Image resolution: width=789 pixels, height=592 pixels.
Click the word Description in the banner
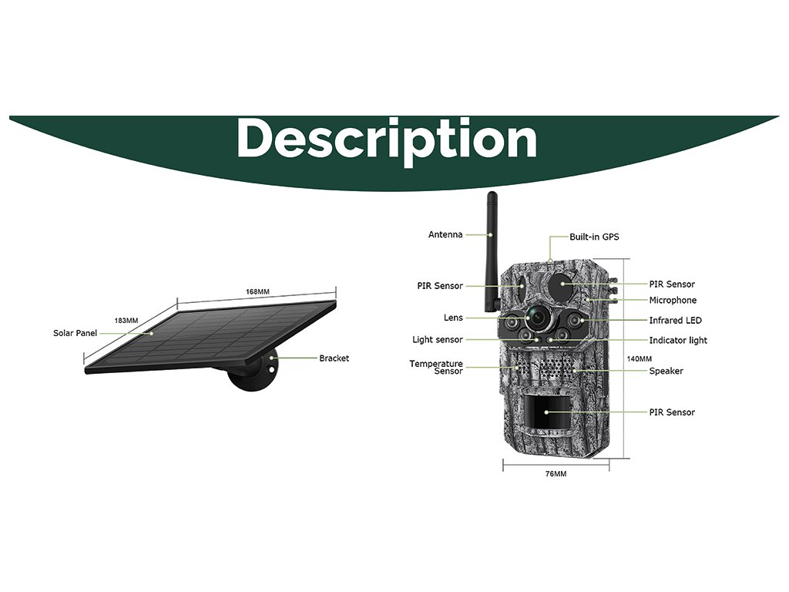tap(387, 140)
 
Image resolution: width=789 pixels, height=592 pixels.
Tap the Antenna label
tap(445, 234)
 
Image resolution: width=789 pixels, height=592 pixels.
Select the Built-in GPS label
tap(593, 237)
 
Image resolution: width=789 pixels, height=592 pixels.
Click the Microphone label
tap(672, 300)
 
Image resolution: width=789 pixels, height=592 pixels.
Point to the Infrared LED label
tap(675, 320)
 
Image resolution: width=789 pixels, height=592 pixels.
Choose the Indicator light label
tap(677, 340)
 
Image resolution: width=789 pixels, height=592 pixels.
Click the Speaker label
tap(666, 371)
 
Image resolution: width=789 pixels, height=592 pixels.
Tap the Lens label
tap(453, 318)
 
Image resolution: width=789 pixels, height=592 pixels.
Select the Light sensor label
tap(438, 339)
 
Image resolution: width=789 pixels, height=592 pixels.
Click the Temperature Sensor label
tap(436, 367)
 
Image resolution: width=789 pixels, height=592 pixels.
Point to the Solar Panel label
tap(75, 333)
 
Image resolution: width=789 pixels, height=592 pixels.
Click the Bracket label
tap(334, 358)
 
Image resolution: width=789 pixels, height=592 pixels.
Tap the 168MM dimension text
tap(257, 291)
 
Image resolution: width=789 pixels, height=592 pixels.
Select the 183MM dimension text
tap(126, 320)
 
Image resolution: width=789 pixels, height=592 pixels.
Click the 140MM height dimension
tap(639, 358)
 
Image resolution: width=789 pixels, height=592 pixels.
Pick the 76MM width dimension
tap(556, 474)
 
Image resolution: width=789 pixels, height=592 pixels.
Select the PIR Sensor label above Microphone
tap(671, 284)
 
